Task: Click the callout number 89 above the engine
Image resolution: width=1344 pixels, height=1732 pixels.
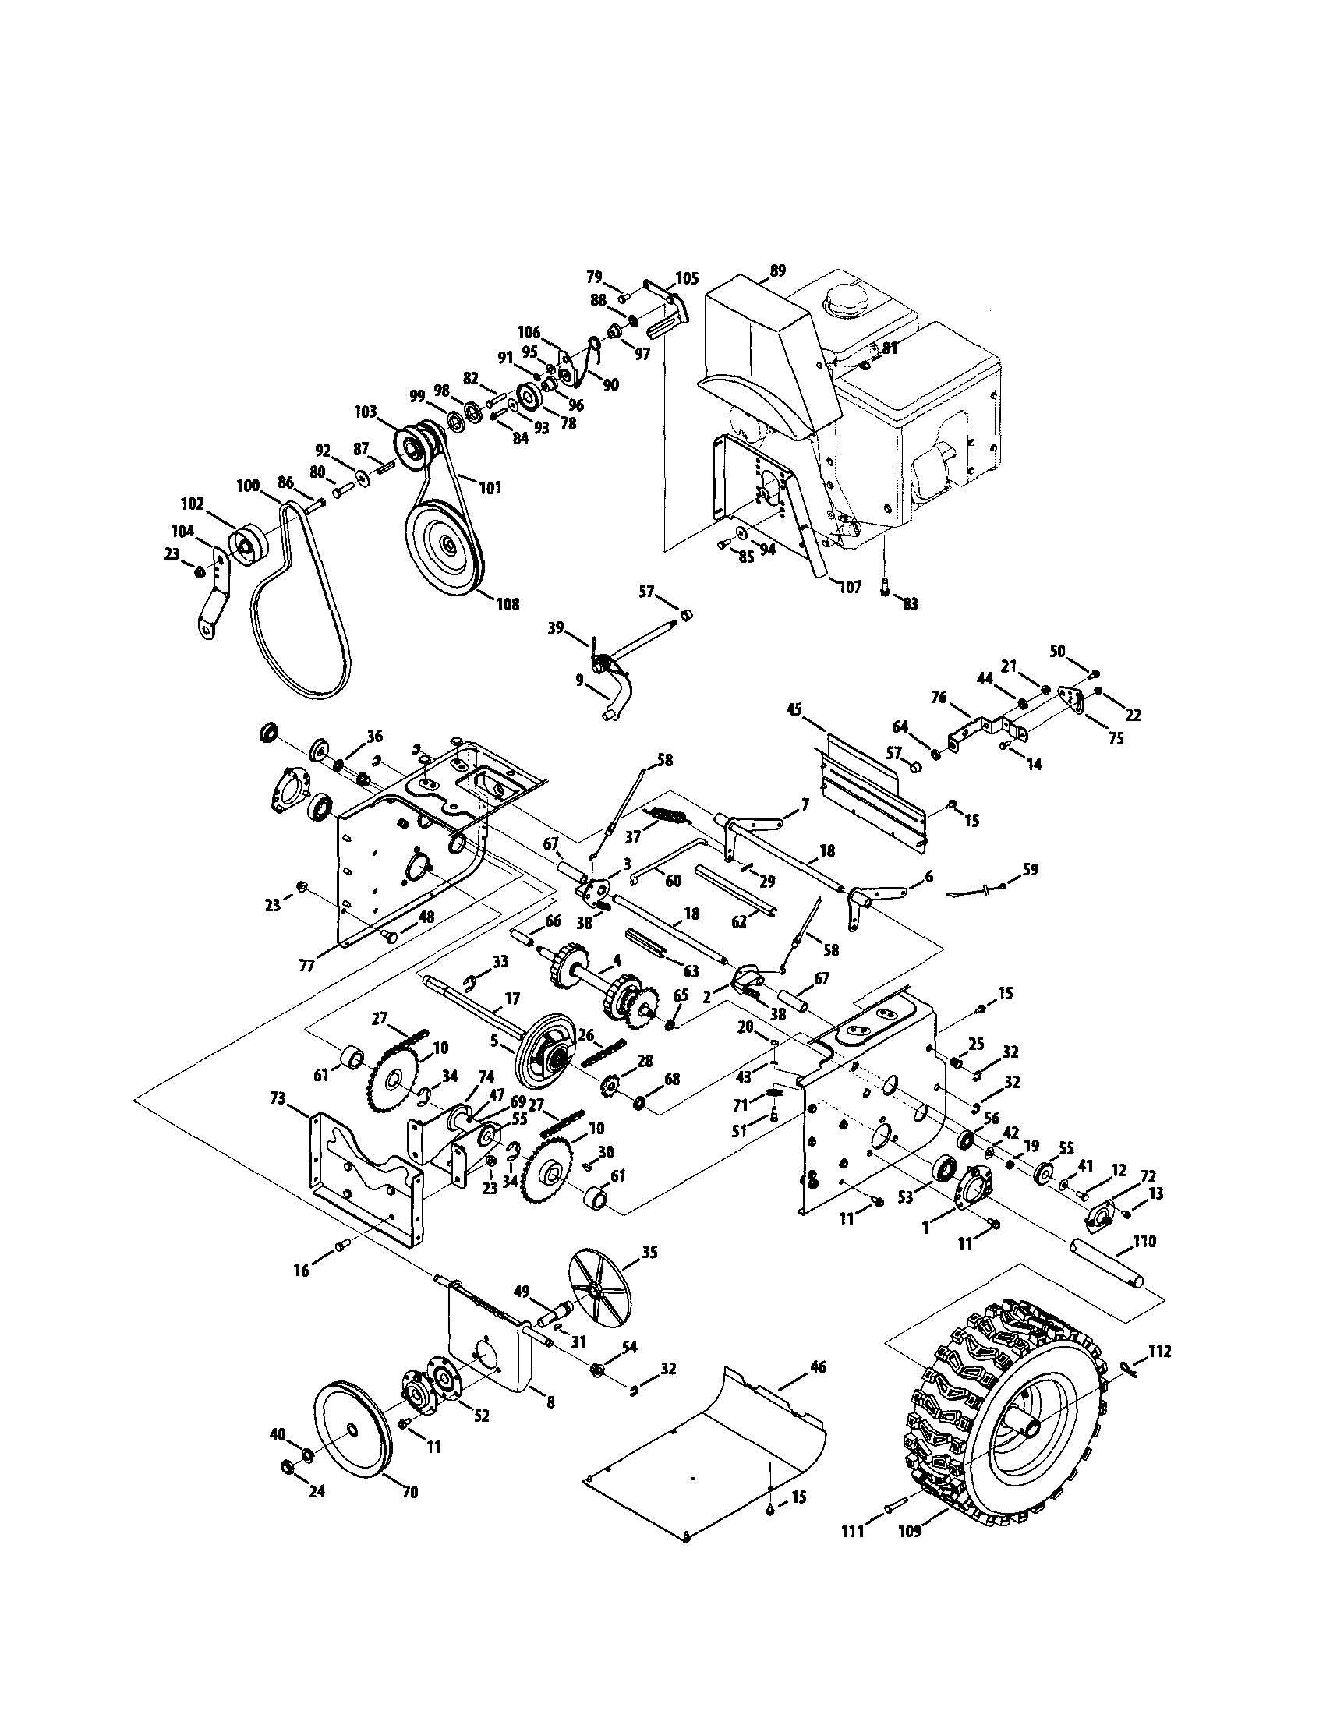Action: [777, 270]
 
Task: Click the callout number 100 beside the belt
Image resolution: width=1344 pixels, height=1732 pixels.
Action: [249, 486]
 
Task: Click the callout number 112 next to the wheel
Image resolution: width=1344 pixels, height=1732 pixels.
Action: [1159, 1351]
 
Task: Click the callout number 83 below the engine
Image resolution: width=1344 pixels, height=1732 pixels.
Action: [911, 603]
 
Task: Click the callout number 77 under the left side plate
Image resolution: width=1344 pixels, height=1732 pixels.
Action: [307, 965]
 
